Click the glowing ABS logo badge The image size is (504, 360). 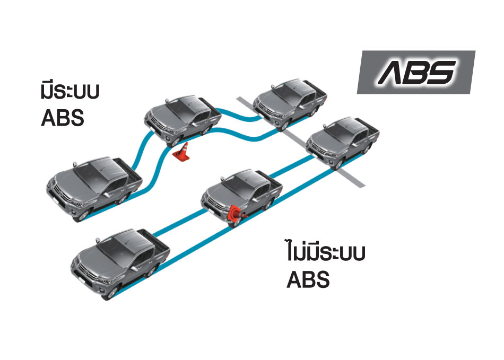tap(415, 72)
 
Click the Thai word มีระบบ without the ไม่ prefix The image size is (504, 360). tap(71, 92)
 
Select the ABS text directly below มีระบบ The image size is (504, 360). tap(63, 118)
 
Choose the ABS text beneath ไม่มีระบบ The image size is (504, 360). tap(308, 279)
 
